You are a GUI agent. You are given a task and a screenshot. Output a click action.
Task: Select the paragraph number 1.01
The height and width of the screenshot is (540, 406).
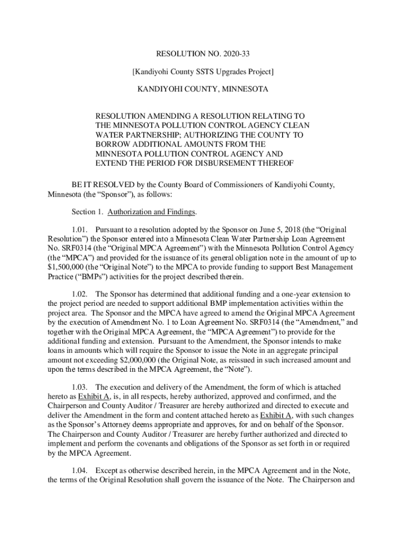point(80,230)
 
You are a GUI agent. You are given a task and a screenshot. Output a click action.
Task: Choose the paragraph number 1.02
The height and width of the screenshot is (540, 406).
point(80,294)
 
